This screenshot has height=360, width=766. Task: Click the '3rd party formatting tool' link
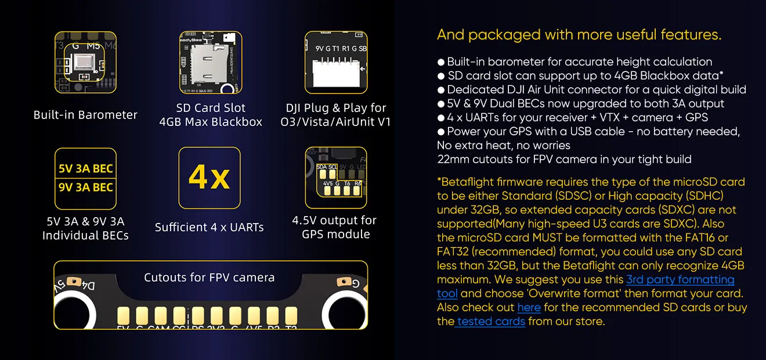point(680,280)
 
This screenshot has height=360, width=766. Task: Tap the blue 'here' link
point(529,308)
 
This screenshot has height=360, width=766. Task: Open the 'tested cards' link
point(490,322)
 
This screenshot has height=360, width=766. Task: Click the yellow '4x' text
point(209,178)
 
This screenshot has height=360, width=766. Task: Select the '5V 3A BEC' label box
point(85,169)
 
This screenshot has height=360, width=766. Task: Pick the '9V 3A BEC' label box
point(85,188)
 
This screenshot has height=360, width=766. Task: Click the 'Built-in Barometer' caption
point(85,115)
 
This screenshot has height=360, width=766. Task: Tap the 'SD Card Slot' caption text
point(211,108)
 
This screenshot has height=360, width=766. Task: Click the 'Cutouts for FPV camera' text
point(209,278)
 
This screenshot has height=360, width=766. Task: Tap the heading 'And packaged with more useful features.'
point(579,35)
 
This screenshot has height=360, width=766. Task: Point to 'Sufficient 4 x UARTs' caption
point(209,228)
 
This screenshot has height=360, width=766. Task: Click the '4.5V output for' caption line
point(334,221)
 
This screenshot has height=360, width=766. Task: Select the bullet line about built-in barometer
point(579,62)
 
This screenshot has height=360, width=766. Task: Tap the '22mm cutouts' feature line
point(564,159)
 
